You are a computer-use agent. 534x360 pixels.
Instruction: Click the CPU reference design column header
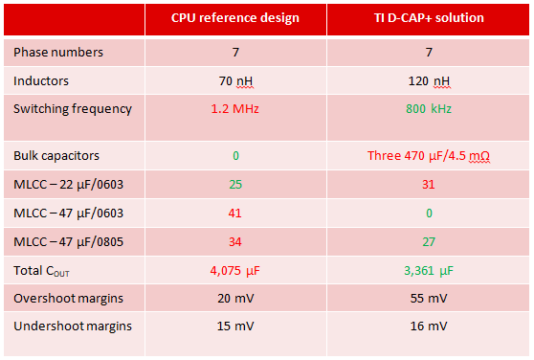pos(234,19)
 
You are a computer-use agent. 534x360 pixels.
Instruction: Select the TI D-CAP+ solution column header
pos(428,19)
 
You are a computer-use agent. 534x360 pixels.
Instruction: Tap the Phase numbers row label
pos(58,52)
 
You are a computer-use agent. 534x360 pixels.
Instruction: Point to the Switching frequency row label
pos(73,108)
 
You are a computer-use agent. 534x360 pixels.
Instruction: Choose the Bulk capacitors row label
pos(56,155)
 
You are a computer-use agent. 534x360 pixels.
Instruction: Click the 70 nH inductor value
pos(234,80)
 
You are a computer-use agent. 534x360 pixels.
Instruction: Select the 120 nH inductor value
pos(428,80)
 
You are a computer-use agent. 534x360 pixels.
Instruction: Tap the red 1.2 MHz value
pos(234,109)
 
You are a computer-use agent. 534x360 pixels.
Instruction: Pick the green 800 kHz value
pos(428,109)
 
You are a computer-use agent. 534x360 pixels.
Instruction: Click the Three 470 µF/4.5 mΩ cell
pos(428,155)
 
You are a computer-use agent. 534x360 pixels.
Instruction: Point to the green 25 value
pos(234,184)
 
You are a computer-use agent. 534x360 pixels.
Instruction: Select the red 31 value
pos(428,184)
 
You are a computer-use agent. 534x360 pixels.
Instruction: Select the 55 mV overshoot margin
pos(428,298)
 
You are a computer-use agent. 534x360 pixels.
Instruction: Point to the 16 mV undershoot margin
pos(428,326)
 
